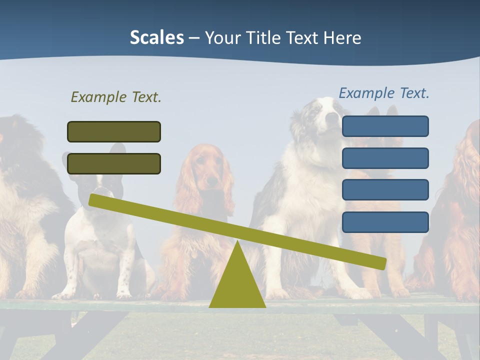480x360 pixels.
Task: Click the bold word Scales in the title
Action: tap(156, 37)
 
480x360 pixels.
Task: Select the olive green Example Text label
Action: tap(116, 97)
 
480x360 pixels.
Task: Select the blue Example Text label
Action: tap(384, 93)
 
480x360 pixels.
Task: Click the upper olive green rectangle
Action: tap(114, 131)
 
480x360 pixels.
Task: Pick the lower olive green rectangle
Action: tap(114, 163)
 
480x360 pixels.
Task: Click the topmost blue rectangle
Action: tap(385, 126)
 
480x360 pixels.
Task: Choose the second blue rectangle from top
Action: tap(385, 158)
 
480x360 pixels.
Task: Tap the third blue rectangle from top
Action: tap(385, 189)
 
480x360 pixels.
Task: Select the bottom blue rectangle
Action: tap(385, 222)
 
